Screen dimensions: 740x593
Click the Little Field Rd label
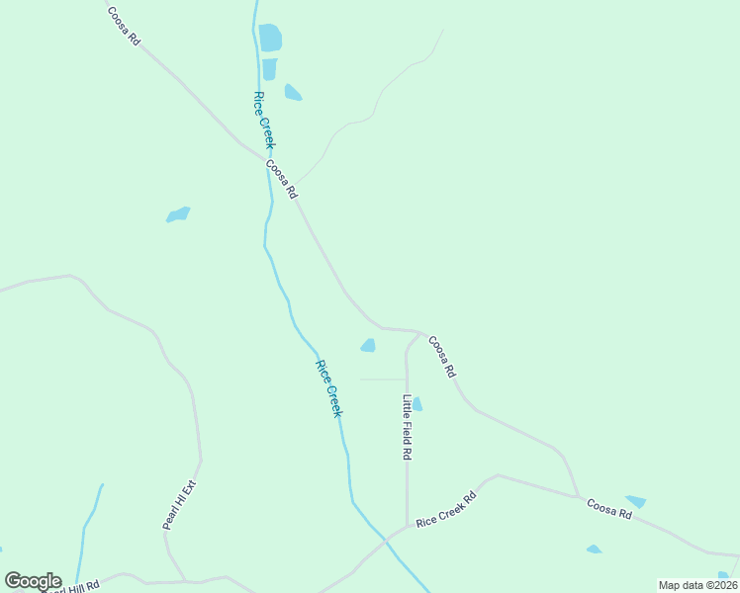click(407, 427)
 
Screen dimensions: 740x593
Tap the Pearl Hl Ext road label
click(180, 505)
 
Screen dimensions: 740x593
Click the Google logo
click(32, 581)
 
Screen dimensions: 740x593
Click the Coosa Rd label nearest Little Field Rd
click(442, 356)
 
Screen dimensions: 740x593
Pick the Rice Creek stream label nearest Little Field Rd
click(328, 387)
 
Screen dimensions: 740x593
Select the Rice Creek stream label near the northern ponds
click(262, 120)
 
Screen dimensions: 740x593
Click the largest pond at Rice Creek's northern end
click(270, 38)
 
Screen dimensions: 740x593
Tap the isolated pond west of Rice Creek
click(178, 214)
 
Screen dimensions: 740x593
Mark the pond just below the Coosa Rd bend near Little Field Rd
click(368, 345)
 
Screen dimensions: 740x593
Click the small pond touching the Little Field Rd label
click(417, 403)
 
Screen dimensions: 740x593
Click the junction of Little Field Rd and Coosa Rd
click(418, 333)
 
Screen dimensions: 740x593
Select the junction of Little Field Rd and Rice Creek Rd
click(407, 526)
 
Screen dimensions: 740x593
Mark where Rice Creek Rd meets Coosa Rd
click(579, 497)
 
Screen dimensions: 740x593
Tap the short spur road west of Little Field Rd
click(381, 379)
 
